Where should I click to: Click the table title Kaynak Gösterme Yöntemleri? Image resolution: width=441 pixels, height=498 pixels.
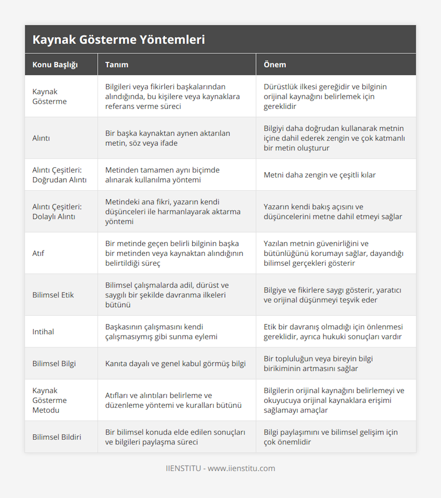119,40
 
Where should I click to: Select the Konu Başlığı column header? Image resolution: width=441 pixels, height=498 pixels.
55,65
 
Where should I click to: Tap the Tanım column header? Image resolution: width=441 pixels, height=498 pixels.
117,65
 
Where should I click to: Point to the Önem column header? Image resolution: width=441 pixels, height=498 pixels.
275,65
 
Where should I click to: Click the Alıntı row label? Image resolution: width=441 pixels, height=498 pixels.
41,138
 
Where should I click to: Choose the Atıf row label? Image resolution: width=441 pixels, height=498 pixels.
38,253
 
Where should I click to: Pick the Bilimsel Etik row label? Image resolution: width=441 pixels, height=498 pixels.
53,295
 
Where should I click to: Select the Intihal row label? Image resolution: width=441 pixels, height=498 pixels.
43,332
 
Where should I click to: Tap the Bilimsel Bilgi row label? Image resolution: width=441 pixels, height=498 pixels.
54,363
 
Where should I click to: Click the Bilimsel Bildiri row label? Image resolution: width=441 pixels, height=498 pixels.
57,437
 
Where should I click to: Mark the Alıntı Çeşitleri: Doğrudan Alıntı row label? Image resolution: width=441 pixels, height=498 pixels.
60,175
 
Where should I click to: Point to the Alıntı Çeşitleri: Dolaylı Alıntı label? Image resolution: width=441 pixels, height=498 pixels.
57,212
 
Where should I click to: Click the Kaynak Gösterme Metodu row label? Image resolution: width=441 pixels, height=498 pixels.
50,400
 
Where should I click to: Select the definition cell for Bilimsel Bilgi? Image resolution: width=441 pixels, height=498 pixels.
175,363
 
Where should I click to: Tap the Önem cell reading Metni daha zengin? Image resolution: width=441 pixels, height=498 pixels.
320,175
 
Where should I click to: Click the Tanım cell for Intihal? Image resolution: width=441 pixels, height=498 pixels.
161,332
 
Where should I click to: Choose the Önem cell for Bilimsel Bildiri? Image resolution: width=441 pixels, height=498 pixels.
331,437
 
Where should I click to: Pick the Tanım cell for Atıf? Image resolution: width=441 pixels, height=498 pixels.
174,253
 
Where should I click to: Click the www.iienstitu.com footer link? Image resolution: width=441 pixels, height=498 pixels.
241,468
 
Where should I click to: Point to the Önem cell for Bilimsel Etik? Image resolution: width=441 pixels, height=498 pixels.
333,295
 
